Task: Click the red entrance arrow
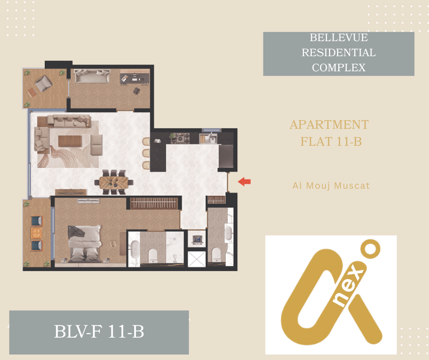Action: tap(244, 182)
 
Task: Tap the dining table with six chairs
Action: tap(114, 182)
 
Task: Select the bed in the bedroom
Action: tap(84, 244)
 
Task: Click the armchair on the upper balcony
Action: tap(43, 83)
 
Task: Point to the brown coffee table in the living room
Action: tap(70, 141)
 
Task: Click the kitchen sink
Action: tap(212, 138)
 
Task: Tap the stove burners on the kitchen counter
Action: tap(180, 138)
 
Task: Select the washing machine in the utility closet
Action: tap(197, 239)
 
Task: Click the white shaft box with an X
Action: tap(196, 259)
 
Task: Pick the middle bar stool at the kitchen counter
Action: tap(146, 154)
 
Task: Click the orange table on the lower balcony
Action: tap(37, 233)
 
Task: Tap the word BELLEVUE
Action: tap(339, 37)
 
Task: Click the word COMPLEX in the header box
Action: tap(339, 68)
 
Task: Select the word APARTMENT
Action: tap(329, 125)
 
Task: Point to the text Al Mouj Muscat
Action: tap(331, 186)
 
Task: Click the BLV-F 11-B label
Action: tap(99, 332)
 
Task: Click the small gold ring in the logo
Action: tap(370, 249)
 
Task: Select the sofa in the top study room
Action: tap(93, 76)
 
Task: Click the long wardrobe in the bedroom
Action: tap(154, 203)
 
